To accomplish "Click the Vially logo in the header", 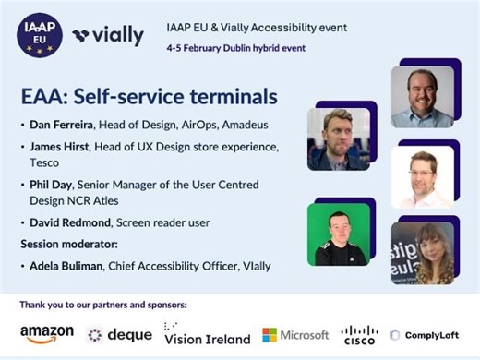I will (109, 36).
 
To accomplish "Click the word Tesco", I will (43, 162).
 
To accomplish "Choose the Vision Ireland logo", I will (207, 334).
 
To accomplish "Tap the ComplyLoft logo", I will (426, 335).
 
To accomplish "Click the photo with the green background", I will (339, 234).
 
